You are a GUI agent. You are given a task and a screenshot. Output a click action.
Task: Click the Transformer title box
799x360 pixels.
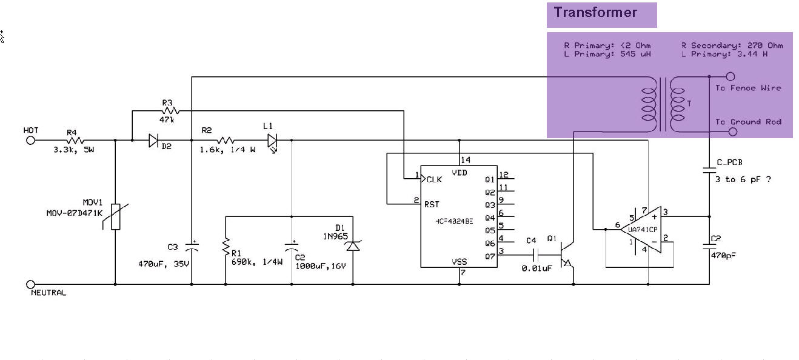[601, 15]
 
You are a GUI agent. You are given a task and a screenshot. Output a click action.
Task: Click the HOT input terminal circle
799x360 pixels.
[31, 141]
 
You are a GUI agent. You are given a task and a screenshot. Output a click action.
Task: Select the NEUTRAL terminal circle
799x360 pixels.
[31, 284]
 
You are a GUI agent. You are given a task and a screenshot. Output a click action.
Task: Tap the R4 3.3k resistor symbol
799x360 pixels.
[76, 141]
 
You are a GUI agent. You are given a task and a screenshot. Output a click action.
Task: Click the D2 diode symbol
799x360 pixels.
[154, 141]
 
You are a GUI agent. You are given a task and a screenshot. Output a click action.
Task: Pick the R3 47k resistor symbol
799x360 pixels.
[170, 110]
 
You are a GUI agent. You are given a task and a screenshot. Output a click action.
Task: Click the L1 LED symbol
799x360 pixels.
[272, 141]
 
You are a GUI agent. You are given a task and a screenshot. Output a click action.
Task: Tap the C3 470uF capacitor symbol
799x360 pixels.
[192, 247]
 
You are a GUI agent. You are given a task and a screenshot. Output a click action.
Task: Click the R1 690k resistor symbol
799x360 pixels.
[226, 247]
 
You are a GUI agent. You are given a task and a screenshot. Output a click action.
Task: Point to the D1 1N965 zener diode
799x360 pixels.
[353, 246]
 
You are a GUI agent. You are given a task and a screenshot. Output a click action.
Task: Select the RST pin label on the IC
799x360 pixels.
[432, 204]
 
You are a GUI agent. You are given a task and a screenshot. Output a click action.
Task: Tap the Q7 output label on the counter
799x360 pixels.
[490, 256]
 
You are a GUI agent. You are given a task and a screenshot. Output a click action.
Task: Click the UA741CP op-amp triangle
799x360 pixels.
[643, 229]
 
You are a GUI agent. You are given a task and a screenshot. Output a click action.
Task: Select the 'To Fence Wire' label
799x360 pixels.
[748, 88]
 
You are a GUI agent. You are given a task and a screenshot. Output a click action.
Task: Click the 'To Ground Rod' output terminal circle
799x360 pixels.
[730, 131]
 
